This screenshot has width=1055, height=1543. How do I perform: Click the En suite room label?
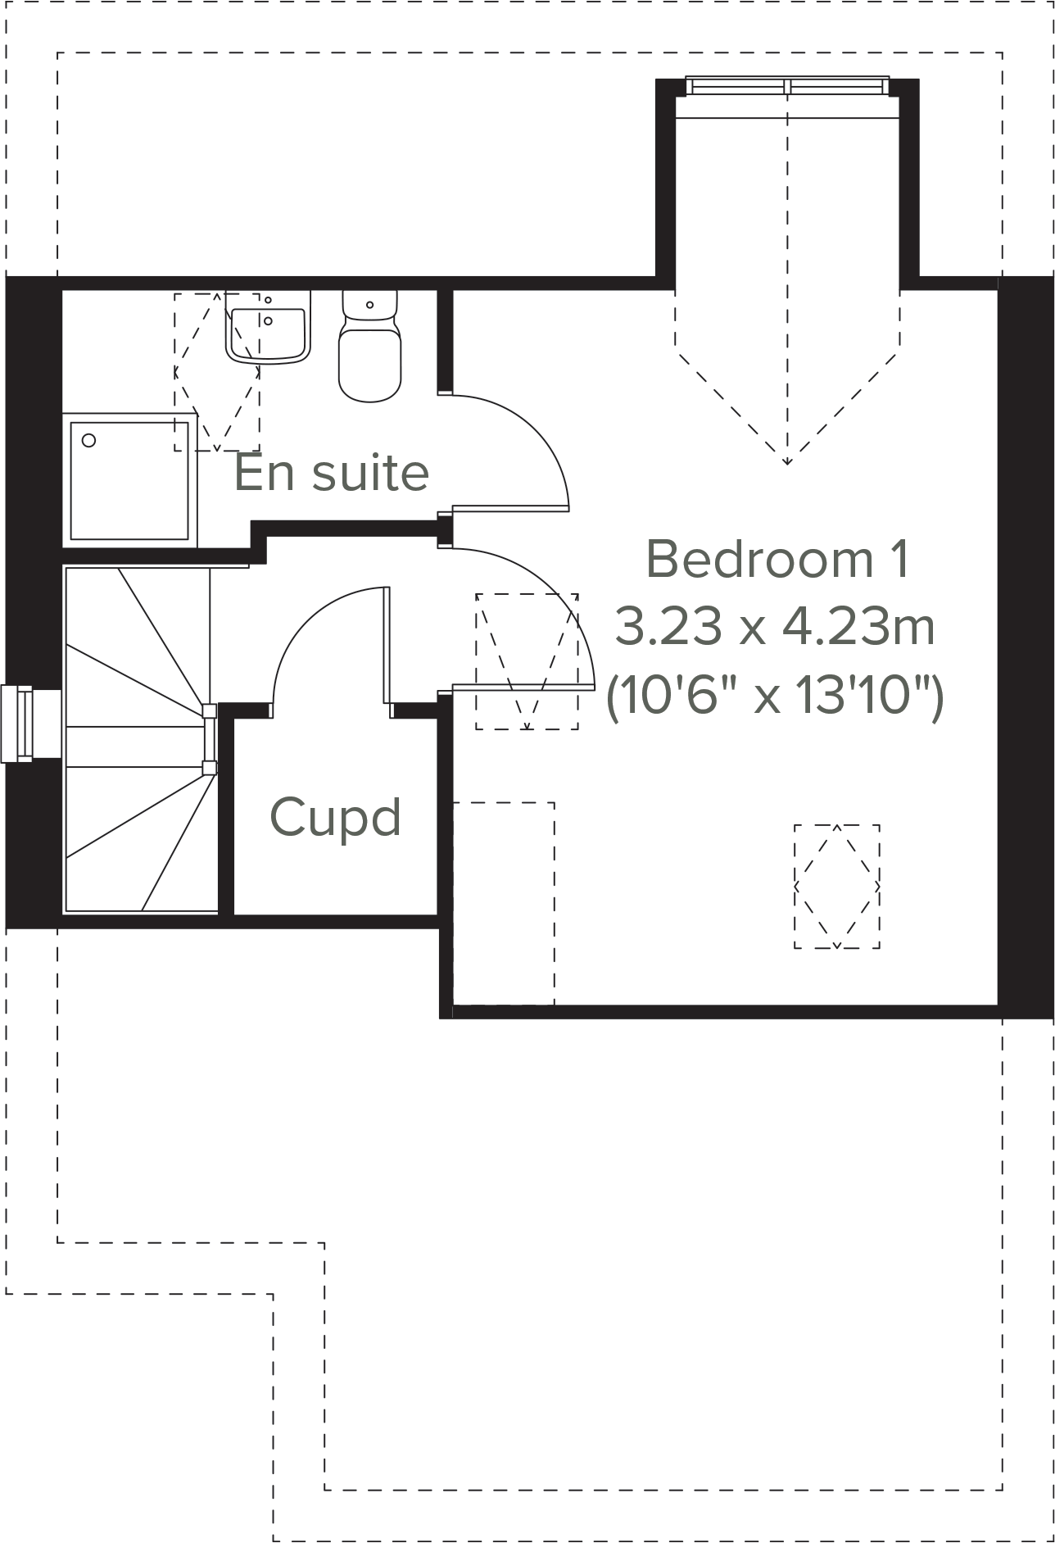[331, 473]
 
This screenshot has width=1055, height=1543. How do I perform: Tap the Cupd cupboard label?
[335, 817]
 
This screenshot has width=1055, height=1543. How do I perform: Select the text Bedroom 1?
[777, 559]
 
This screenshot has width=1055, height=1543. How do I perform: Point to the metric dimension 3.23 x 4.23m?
[774, 628]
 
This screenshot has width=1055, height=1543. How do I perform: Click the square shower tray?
[129, 480]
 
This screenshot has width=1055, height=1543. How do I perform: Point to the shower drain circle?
[88, 440]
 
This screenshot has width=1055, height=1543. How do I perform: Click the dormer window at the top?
[786, 85]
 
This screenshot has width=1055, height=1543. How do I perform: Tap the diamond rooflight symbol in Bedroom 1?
[836, 887]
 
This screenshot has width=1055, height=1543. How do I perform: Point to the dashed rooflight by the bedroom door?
[527, 662]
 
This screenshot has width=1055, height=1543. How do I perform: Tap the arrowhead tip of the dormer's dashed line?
[787, 463]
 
